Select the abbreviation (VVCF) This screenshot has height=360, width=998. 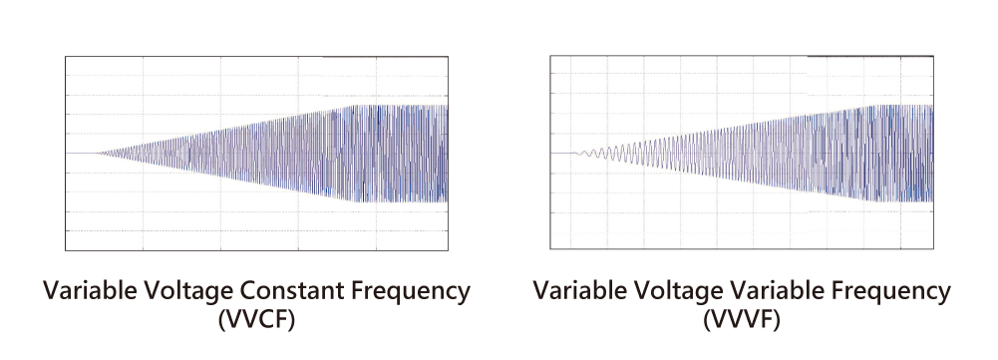pos(256,320)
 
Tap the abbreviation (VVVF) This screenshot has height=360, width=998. pos(742,320)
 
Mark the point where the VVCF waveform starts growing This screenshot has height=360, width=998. pos(97,153)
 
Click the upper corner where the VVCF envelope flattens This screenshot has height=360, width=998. pos(354,106)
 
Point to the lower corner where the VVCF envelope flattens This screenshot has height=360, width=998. pos(354,201)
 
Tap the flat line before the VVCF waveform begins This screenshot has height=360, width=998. pos(81,153)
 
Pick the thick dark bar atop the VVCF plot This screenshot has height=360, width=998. pos(386,57)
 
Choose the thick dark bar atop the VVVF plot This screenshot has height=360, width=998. pos(870,56)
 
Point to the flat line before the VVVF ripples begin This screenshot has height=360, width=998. pos(562,153)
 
